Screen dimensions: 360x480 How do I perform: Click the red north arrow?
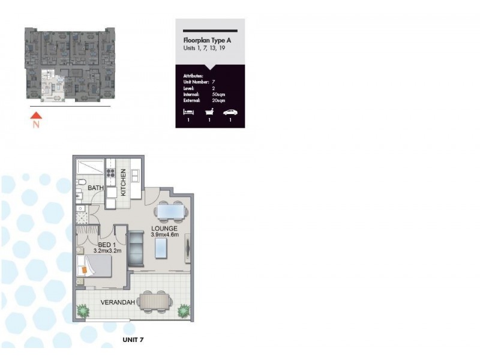tap(37, 115)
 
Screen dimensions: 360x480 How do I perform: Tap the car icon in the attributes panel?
tap(230, 112)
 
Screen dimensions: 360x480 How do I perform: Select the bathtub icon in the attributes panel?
tap(209, 112)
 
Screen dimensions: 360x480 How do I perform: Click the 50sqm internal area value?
tap(219, 94)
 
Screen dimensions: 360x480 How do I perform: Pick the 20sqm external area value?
tap(219, 100)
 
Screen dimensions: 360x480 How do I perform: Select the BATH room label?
tap(96, 188)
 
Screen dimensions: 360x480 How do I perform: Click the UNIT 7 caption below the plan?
tap(133, 340)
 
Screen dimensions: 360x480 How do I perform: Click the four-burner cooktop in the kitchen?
tap(112, 173)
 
